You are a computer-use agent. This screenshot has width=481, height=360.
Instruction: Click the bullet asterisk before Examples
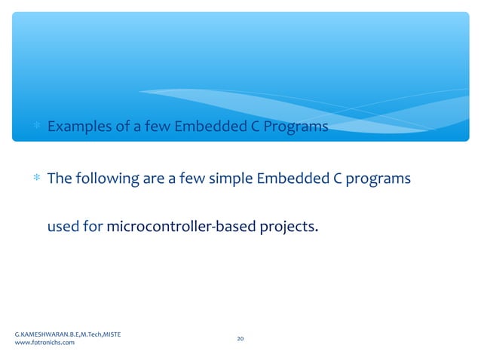tap(36, 127)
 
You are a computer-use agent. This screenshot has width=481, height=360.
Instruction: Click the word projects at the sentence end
tap(285, 227)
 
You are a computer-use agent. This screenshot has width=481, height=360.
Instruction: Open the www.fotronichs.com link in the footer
tap(44, 343)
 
